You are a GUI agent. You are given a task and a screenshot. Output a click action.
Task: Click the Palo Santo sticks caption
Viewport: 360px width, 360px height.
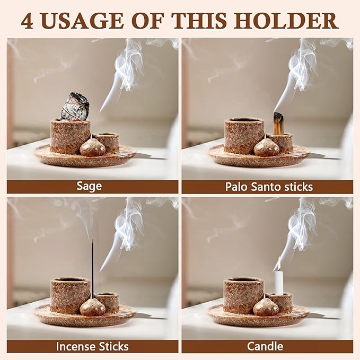point(268,187)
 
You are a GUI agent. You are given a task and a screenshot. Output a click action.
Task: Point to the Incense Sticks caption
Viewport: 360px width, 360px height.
point(92,346)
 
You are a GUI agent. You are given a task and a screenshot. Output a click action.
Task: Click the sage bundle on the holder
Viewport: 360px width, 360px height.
point(74,107)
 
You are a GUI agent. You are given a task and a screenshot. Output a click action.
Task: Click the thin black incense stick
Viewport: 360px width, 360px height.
point(92,265)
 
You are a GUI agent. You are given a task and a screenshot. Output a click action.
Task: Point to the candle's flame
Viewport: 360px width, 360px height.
point(278,264)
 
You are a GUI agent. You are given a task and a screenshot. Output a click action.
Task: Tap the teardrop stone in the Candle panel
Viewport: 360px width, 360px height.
point(266,307)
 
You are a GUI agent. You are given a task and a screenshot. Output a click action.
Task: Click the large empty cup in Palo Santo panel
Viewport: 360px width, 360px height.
point(244,136)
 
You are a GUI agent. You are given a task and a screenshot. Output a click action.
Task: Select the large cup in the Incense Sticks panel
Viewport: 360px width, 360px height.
point(70,295)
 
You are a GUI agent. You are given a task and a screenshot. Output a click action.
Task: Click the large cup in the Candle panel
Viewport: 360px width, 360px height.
point(243,295)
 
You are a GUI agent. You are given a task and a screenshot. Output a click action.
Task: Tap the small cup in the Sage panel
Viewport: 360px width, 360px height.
point(109,141)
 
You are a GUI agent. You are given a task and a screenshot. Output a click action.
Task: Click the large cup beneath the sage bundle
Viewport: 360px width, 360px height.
point(70,136)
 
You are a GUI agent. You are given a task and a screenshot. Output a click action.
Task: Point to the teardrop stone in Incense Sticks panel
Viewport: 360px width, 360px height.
point(93,307)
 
